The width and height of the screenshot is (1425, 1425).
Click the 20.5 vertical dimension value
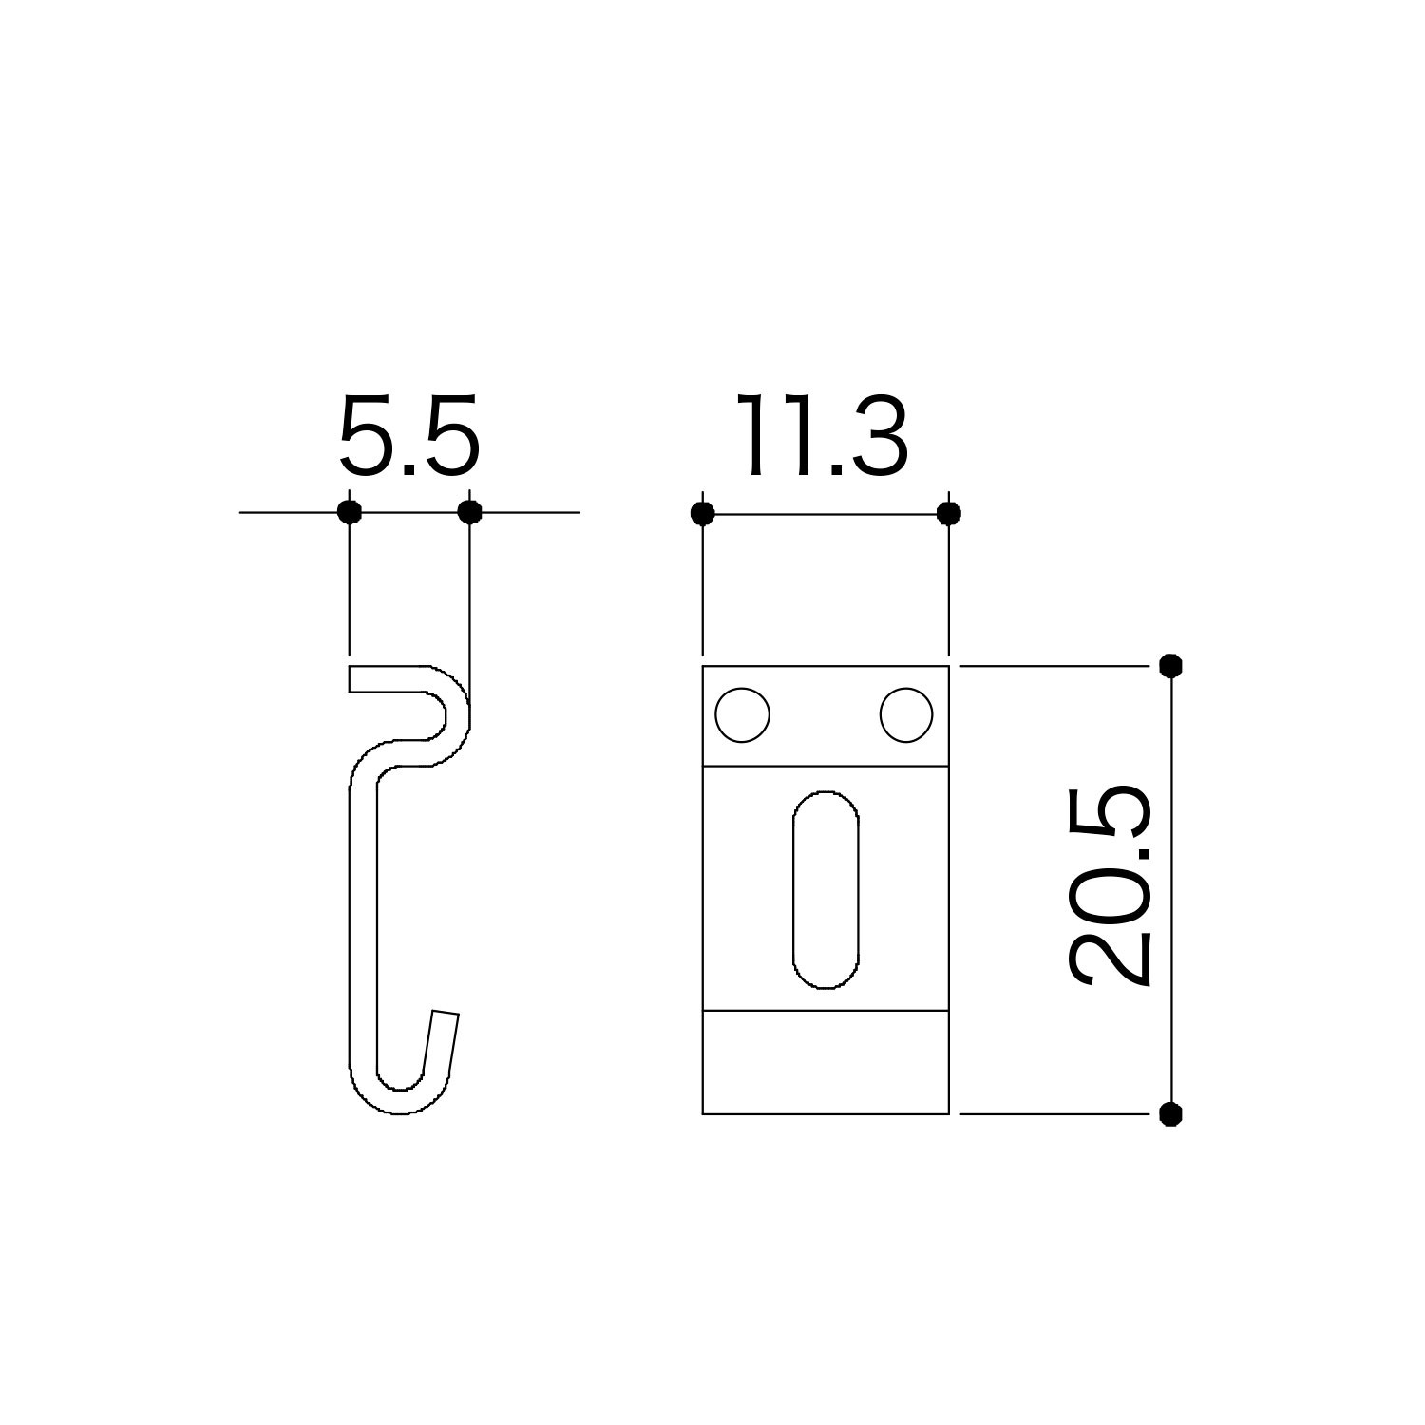click(1111, 886)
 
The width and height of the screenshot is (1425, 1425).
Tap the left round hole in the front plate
click(742, 715)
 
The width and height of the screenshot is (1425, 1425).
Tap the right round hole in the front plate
click(906, 715)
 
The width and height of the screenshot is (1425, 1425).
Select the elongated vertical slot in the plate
click(826, 890)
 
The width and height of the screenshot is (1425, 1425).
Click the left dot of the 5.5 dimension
click(350, 512)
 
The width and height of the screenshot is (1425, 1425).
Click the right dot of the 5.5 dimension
click(469, 512)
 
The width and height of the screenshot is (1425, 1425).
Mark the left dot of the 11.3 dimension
click(702, 514)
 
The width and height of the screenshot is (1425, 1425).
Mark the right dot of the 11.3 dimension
click(948, 514)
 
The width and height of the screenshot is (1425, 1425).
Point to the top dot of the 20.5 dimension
click(1170, 665)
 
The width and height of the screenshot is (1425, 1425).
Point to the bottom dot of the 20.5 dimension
click(1170, 1114)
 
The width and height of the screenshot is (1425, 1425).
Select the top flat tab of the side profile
click(389, 679)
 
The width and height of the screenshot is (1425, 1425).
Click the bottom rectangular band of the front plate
click(826, 1062)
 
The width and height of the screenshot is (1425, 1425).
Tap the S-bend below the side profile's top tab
click(418, 750)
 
